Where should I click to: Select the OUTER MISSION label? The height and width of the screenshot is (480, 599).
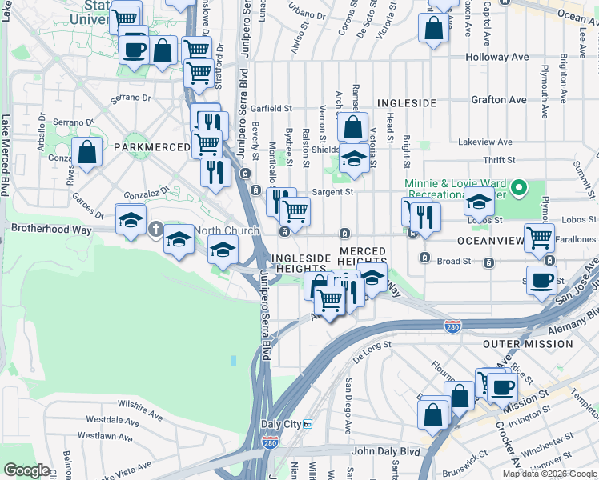527,343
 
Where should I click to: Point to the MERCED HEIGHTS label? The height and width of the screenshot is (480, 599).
362,257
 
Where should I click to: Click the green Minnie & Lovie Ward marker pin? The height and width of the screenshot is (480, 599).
518,190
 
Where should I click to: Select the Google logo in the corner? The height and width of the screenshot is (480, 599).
26,470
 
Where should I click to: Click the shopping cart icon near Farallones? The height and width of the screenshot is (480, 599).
540,238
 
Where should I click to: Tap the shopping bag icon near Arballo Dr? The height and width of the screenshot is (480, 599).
86,151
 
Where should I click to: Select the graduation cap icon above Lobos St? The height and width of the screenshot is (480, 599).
479,202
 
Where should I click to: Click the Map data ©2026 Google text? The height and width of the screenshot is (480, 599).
550,474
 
